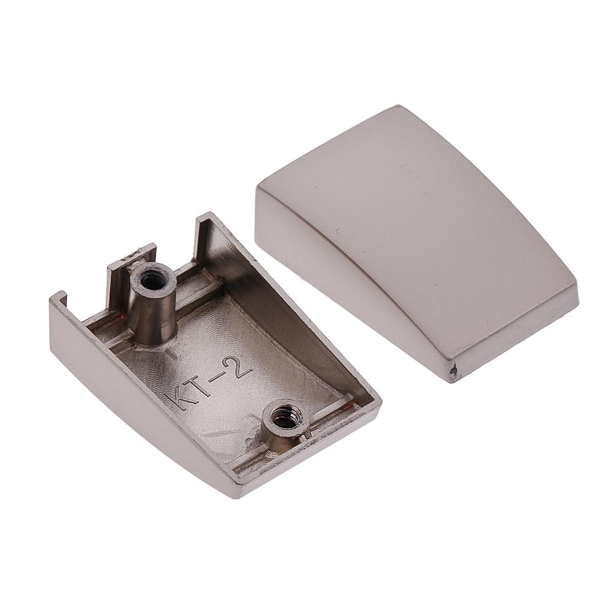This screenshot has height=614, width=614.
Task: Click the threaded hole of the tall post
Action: [150, 279]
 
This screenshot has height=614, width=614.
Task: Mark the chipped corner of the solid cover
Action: [454, 369]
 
